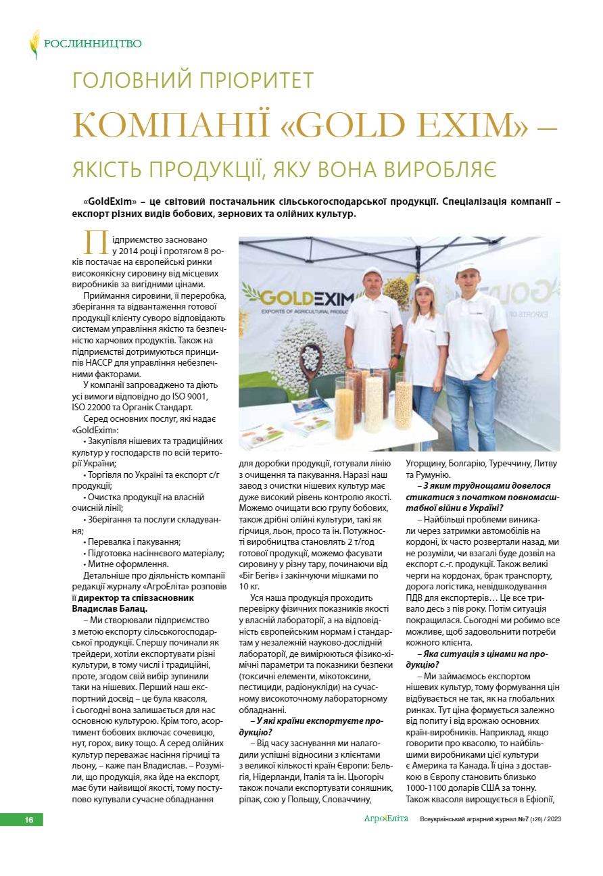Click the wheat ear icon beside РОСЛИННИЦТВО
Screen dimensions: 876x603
[x=34, y=44]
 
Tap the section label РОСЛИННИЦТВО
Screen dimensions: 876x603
[x=93, y=44]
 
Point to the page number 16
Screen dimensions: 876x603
[x=29, y=820]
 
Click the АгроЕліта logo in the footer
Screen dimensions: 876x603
[x=386, y=819]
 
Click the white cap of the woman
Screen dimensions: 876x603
[x=425, y=284]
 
